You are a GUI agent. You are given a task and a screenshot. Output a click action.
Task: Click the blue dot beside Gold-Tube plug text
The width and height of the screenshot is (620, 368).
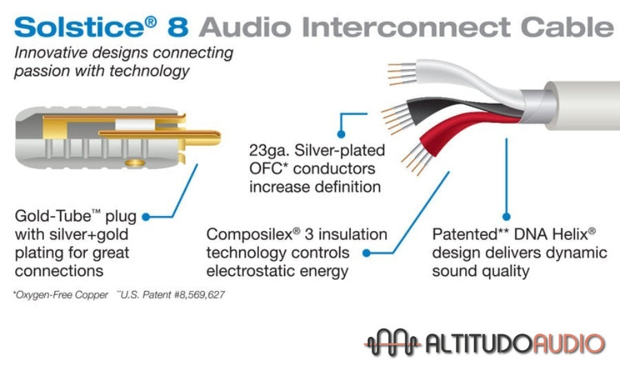click(x=146, y=217)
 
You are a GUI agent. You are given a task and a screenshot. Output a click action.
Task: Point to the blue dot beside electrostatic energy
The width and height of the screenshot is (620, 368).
click(x=366, y=253)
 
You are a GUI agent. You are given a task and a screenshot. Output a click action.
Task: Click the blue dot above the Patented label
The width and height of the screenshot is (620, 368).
click(x=507, y=216)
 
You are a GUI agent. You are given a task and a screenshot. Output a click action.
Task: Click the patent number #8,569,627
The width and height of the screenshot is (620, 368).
click(x=197, y=295)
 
